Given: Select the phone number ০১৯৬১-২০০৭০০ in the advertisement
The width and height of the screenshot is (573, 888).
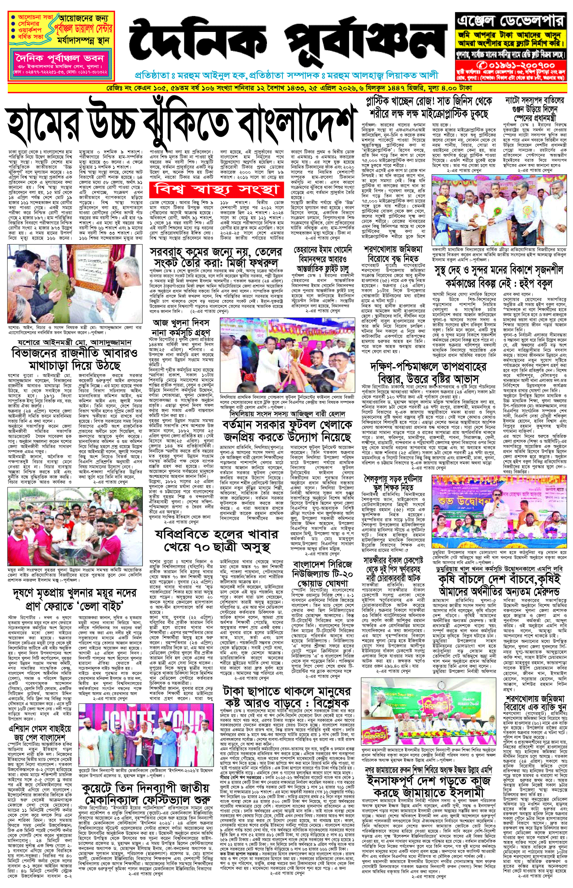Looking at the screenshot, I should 510,65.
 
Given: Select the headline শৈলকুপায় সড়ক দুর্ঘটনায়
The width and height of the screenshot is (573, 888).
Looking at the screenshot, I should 393,479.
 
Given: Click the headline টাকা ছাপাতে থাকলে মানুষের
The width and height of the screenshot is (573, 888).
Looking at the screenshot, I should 286,692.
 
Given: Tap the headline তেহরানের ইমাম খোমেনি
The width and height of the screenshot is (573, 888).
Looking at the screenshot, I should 323,250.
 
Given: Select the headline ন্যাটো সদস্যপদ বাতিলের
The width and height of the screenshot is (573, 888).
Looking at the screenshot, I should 534,101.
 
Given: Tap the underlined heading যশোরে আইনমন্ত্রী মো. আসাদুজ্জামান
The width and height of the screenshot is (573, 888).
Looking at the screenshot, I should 74,343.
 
